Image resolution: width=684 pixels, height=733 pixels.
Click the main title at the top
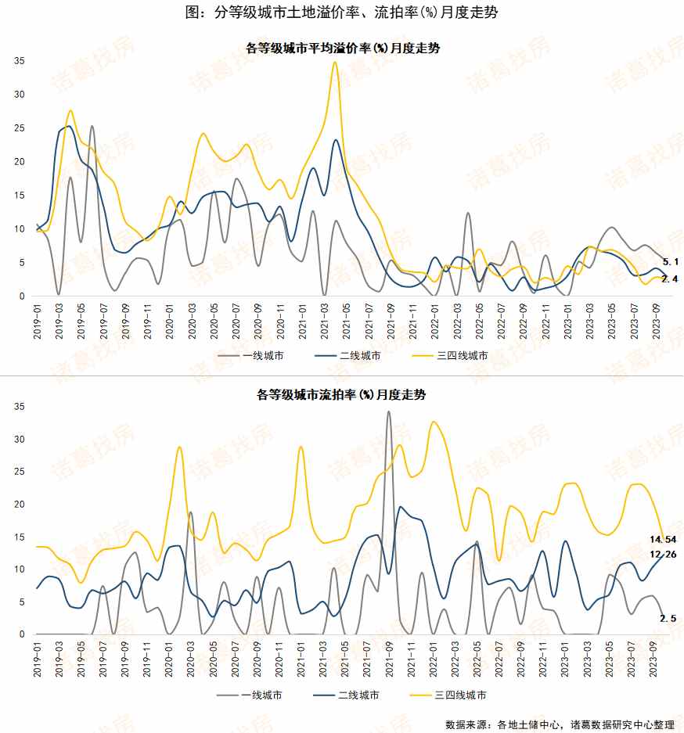coord(342,13)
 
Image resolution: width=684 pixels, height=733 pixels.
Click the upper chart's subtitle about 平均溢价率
coord(342,49)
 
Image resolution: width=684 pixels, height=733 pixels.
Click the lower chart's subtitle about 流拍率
coord(342,396)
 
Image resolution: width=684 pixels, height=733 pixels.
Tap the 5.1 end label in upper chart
coord(670,261)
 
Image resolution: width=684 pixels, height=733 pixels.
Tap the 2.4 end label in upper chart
coord(670,279)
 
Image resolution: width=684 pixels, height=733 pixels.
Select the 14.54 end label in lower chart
coord(664,540)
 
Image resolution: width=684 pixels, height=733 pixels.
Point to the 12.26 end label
coord(664,555)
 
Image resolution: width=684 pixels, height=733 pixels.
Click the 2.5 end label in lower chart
coord(669,619)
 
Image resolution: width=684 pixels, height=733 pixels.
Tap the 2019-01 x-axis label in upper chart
coord(38,321)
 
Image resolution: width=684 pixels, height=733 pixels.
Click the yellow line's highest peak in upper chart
coord(335,63)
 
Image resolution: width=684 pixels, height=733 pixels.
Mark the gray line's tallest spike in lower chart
coord(388,411)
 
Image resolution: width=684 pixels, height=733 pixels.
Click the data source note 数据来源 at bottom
coord(559,724)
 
